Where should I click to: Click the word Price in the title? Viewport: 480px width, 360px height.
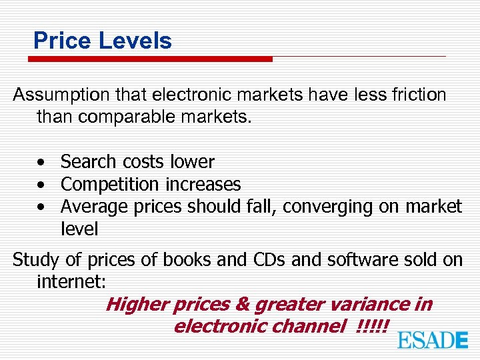click(x=62, y=41)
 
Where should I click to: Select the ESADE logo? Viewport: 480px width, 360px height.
click(x=433, y=340)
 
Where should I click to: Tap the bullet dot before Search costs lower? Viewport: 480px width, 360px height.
click(x=42, y=163)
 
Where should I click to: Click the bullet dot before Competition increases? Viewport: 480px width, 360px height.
click(x=42, y=185)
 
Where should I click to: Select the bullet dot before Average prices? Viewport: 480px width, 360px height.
click(x=42, y=207)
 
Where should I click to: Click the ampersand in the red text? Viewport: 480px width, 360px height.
click(x=242, y=305)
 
